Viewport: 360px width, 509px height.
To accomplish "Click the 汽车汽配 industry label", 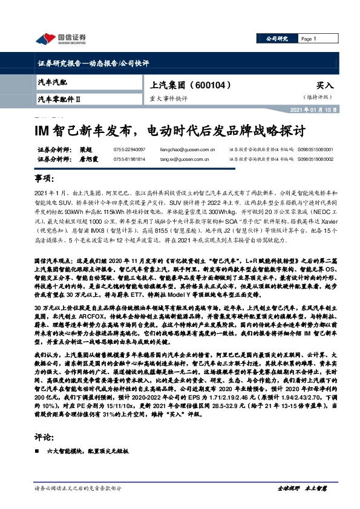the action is [54, 81].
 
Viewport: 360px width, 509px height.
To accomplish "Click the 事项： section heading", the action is [44, 180].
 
